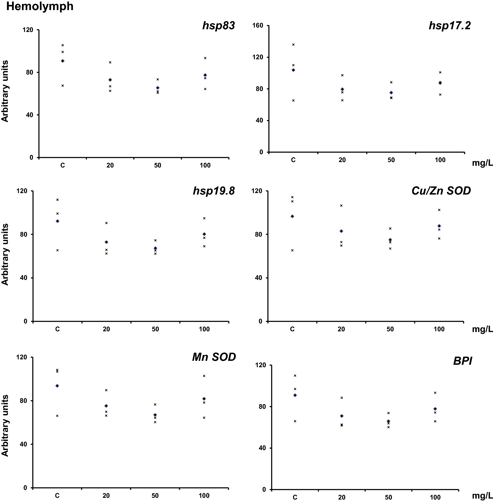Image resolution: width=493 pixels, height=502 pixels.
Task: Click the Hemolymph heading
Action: click(40, 6)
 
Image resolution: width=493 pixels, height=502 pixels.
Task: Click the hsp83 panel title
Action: click(218, 26)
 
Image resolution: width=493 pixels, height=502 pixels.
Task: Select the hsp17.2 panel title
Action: click(449, 26)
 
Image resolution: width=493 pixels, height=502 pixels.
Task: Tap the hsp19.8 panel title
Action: click(214, 191)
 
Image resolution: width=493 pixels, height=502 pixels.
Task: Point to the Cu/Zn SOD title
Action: click(441, 191)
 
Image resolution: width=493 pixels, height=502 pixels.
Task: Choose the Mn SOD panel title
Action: click(214, 357)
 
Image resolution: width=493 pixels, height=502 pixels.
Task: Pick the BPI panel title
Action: click(463, 361)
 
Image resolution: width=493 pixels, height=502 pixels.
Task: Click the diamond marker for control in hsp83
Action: click(63, 61)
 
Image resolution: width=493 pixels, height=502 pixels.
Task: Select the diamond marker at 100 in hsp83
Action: click(205, 75)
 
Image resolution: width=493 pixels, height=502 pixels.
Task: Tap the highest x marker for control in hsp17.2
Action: click(293, 45)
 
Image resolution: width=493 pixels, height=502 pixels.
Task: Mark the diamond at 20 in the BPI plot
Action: click(342, 416)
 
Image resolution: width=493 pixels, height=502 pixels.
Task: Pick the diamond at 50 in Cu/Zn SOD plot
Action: click(390, 240)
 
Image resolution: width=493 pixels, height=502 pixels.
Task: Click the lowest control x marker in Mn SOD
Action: click(57, 416)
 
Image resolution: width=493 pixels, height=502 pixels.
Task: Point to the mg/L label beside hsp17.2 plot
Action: click(482, 163)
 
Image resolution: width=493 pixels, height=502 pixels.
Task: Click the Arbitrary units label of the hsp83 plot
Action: click(5, 91)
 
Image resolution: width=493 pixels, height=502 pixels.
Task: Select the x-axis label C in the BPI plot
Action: click(295, 497)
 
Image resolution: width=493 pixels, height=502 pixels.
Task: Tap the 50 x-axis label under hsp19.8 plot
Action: click(155, 329)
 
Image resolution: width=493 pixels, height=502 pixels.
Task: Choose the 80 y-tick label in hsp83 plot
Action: click(29, 72)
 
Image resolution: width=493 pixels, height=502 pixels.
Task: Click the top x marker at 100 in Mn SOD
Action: click(204, 376)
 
